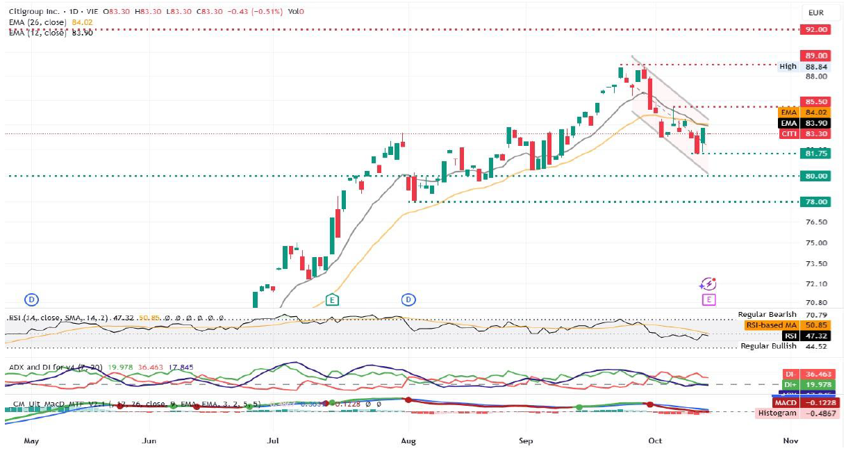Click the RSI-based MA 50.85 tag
pos(795,325)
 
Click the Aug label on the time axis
pos(408,440)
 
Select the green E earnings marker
pos(333,299)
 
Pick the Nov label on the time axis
pos(789,440)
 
